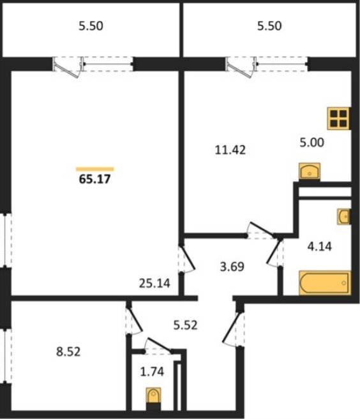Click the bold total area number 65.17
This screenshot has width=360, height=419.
(x=94, y=179)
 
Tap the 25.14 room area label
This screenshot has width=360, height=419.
(x=154, y=283)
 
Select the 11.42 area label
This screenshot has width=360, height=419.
(x=230, y=150)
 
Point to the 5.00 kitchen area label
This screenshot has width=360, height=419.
(x=311, y=142)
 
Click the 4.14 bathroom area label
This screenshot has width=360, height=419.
(x=319, y=246)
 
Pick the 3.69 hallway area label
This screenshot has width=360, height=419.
(x=232, y=267)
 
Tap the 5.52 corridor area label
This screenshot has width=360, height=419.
(x=185, y=325)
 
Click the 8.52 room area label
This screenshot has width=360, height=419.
(x=68, y=351)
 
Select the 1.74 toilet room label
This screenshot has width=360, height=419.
(x=152, y=372)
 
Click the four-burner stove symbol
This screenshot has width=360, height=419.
(x=338, y=119)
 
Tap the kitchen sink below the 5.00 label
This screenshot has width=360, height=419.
(x=310, y=172)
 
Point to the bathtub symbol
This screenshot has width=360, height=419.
(x=324, y=283)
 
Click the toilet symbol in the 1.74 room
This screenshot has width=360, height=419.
(x=154, y=395)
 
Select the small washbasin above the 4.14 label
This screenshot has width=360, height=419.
(x=343, y=216)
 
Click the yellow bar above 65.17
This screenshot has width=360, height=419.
(x=95, y=169)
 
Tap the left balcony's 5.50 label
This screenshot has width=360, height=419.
(x=91, y=26)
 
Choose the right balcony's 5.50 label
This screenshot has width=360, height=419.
(x=269, y=26)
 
